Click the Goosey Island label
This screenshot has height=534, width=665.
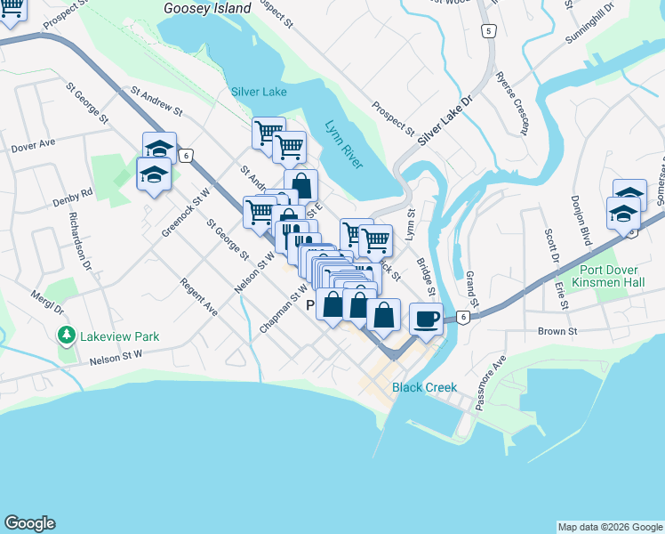[207, 8]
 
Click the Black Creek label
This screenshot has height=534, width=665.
[425, 387]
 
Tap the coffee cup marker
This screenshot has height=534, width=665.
[427, 318]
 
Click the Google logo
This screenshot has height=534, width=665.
[29, 523]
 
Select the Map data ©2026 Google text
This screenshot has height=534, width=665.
[609, 527]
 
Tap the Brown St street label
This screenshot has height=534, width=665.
[557, 331]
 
